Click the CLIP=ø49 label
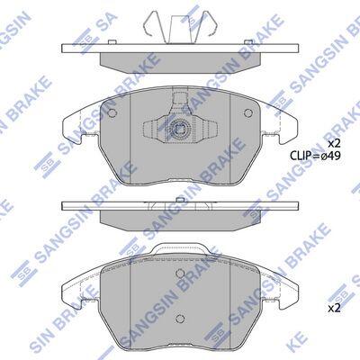[315, 156]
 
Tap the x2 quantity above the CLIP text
[335, 144]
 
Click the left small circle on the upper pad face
[112, 112]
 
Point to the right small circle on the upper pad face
[248, 112]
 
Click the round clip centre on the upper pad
[180, 130]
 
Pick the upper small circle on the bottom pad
[180, 273]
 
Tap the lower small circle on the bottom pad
[180, 319]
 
